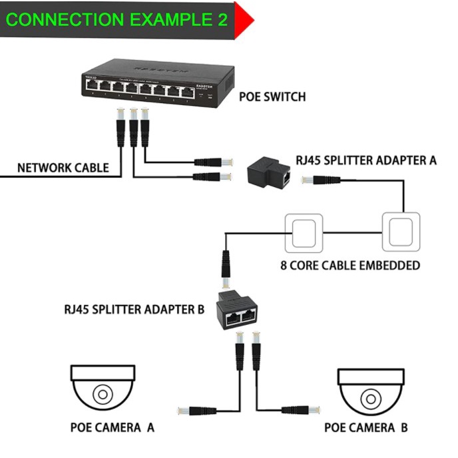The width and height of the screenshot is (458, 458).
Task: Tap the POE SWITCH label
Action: (272, 97)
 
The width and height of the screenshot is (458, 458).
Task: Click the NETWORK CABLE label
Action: (63, 168)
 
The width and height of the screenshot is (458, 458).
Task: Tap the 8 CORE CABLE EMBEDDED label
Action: (349, 265)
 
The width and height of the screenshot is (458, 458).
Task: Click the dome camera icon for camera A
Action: (103, 387)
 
